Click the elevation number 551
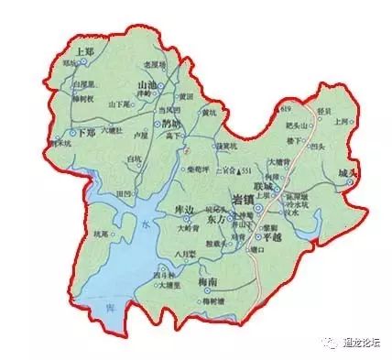coord(246,171)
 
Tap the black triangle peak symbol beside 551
coord(237,171)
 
